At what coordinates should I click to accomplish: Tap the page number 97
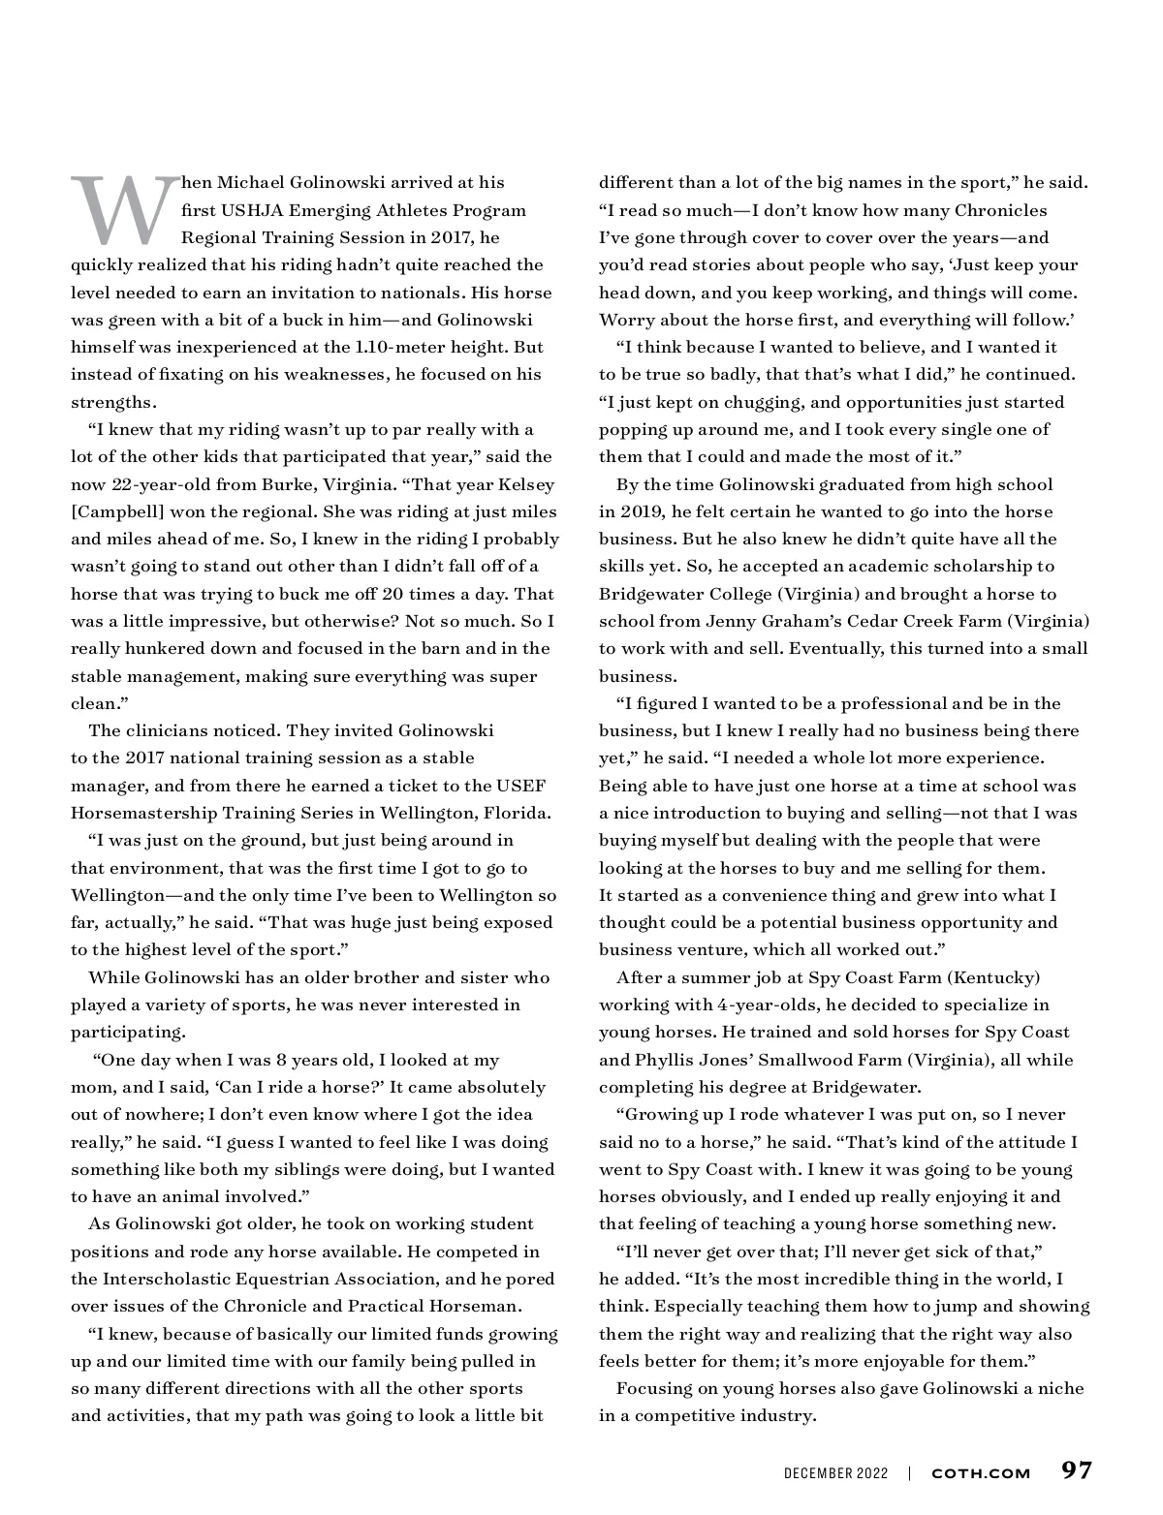[x=1076, y=1470]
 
